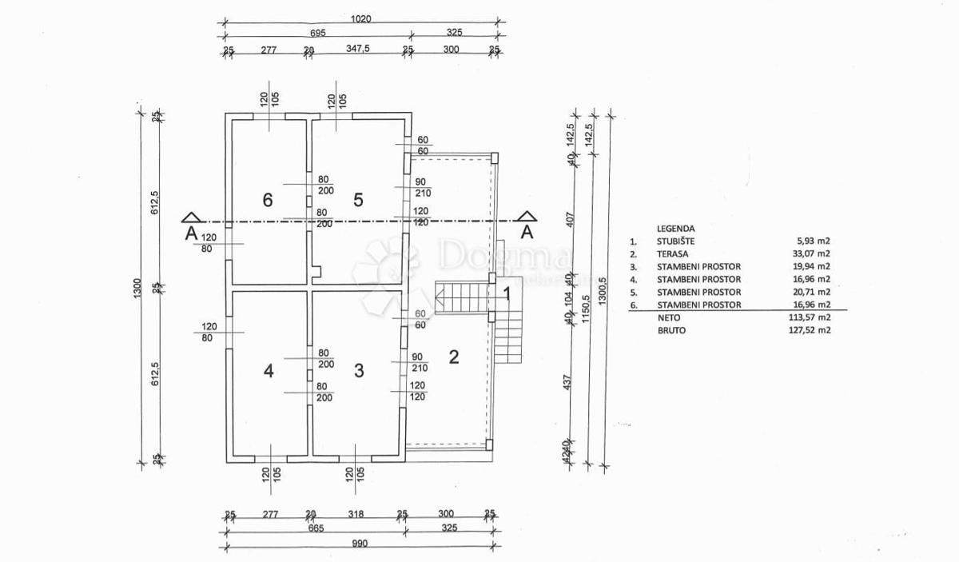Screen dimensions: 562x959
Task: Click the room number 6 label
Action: [x=269, y=200]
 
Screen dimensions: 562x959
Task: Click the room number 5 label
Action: [x=358, y=200]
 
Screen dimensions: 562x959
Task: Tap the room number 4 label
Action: [x=269, y=371]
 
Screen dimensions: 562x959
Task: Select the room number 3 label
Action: [x=359, y=371]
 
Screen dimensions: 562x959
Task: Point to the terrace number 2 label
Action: [x=454, y=357]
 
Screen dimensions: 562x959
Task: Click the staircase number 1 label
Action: [x=507, y=294]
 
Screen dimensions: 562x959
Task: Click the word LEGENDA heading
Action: [x=676, y=227]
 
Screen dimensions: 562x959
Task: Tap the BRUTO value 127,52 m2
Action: [x=809, y=330]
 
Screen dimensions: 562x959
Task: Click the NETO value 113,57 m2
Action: [x=809, y=317]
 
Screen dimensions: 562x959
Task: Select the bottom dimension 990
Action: [x=359, y=544]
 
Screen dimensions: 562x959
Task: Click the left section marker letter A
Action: [x=190, y=233]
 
